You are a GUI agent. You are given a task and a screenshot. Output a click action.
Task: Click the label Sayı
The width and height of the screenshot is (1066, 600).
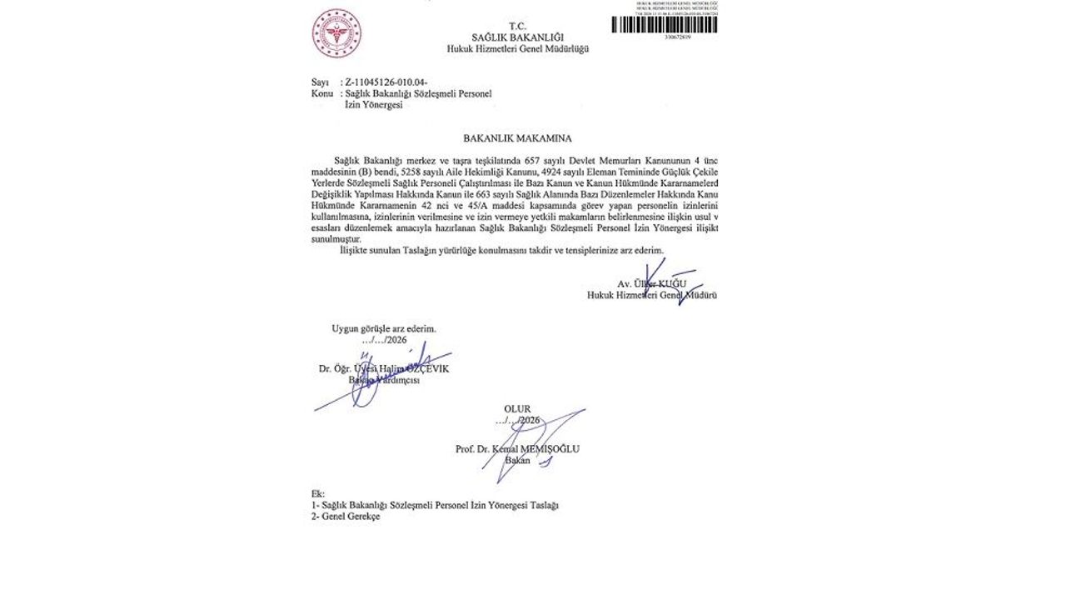tap(320, 82)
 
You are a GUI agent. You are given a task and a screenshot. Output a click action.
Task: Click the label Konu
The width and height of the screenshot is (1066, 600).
tap(321, 93)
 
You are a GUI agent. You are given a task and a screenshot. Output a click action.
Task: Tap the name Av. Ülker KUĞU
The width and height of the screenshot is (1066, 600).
tap(652, 284)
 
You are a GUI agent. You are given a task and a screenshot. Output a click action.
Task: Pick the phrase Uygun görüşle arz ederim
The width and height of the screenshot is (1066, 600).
tap(384, 328)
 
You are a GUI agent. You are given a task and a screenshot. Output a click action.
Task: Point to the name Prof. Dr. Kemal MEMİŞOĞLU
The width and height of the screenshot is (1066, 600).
tap(517, 449)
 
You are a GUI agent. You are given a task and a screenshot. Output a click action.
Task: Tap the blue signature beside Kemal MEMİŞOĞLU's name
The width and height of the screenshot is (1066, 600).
tap(533, 442)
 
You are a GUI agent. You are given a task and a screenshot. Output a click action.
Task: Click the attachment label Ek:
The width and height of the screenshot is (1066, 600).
tap(317, 494)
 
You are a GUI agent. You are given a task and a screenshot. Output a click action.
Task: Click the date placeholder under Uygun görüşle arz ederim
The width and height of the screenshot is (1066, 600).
tap(383, 340)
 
